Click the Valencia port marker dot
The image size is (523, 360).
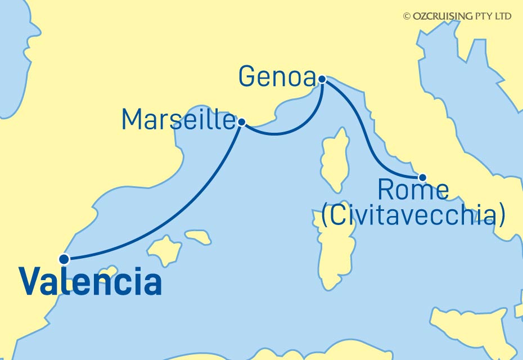[64, 259]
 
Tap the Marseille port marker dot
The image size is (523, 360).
[242, 121]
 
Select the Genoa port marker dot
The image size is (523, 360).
[322, 79]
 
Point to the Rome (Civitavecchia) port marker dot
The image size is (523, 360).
[423, 178]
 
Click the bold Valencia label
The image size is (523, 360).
[90, 282]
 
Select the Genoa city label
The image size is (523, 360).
[276, 76]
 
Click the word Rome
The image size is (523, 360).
[413, 191]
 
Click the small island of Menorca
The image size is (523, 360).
[198, 236]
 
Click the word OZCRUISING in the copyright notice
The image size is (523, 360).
[442, 16]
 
